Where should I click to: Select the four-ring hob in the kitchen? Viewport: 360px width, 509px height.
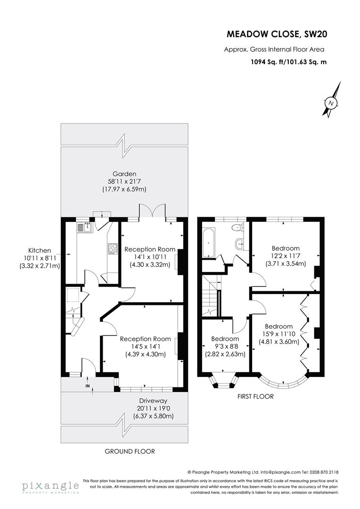pyautogui.click(x=113, y=248)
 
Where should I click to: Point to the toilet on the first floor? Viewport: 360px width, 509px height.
pyautogui.click(x=238, y=228)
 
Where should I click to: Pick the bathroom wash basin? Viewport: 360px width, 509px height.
pyautogui.click(x=240, y=244)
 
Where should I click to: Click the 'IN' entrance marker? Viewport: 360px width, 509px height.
pyautogui.click(x=87, y=386)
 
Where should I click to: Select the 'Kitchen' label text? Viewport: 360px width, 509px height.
pyautogui.click(x=39, y=251)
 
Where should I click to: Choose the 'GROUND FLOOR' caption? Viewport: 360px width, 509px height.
pyautogui.click(x=130, y=451)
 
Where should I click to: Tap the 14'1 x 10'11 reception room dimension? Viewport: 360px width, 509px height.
pyautogui.click(x=149, y=257)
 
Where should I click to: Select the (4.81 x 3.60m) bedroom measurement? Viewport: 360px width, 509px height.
pyautogui.click(x=279, y=342)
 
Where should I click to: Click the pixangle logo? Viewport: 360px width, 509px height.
pyautogui.click(x=49, y=487)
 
